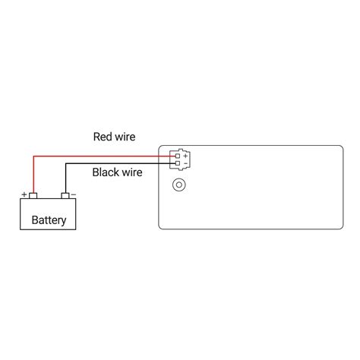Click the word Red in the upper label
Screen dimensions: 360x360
pos(103,137)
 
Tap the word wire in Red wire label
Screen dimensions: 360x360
pos(125,137)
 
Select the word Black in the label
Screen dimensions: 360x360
pos(106,172)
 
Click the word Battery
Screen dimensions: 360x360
pos(49,222)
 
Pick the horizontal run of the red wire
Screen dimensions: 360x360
pos(99,156)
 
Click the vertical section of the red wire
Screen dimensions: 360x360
pos(33,175)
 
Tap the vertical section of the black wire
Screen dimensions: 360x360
pos(65,178)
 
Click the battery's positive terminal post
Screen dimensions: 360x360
pos(33,196)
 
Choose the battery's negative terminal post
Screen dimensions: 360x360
pos(65,196)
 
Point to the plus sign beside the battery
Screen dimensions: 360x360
pos(24,194)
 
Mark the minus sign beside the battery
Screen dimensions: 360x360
pos(73,194)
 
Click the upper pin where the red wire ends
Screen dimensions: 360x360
pos(177,156)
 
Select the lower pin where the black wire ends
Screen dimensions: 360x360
pos(177,163)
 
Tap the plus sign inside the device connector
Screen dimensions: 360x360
pos(185,156)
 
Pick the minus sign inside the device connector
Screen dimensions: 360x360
pos(185,163)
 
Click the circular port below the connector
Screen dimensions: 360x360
pos(179,184)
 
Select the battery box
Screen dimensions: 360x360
pos(49,213)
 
